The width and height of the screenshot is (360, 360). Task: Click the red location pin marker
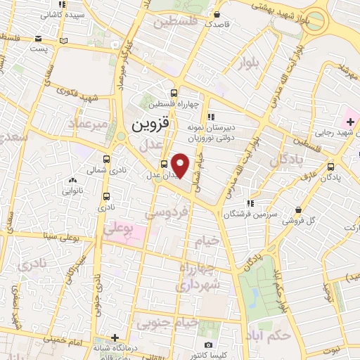tap(181, 165)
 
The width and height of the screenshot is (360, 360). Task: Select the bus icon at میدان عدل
tap(164, 165)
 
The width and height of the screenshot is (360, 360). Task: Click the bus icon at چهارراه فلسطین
tap(174, 92)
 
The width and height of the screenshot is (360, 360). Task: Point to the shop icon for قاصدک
tap(218, 13)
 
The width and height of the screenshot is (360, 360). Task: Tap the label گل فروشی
tap(299, 220)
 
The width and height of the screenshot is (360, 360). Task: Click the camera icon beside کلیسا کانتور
tap(208, 345)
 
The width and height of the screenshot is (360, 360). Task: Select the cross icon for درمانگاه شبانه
tap(115, 337)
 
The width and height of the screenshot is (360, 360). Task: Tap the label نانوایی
tap(73, 190)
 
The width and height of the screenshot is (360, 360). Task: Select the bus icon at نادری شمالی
tap(106, 160)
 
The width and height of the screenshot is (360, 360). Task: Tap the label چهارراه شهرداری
tap(200, 277)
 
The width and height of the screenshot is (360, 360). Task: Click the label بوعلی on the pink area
tap(120, 229)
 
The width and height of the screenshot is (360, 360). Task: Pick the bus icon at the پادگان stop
tap(331, 167)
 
